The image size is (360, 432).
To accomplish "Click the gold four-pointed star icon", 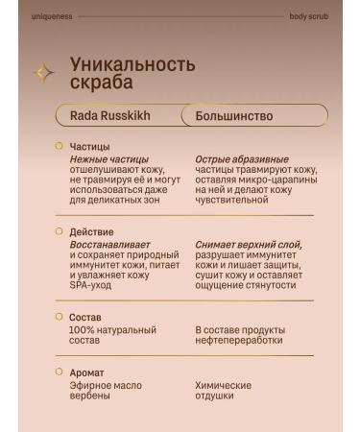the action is [43, 72].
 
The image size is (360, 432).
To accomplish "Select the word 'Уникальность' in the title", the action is [132, 64].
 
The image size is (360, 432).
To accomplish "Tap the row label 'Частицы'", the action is [89, 147].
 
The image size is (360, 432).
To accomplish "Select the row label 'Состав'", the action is [85, 316].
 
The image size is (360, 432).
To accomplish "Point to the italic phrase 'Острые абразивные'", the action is [228, 158].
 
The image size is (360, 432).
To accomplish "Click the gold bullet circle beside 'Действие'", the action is [59, 231].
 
